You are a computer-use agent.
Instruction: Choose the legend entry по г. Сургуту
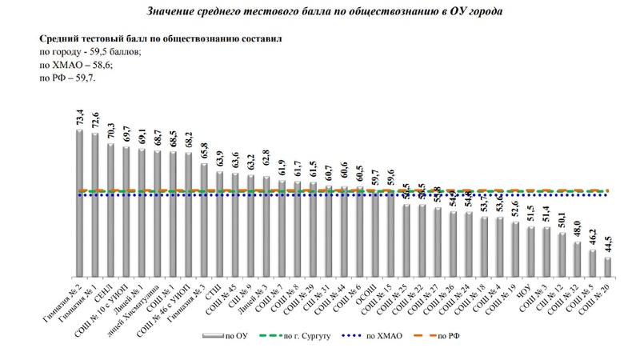click(x=300, y=337)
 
